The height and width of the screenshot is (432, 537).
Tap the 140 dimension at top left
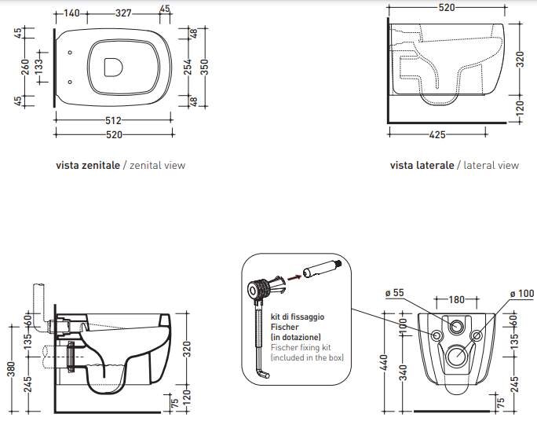(x=73, y=13)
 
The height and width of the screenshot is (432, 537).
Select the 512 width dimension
(x=113, y=120)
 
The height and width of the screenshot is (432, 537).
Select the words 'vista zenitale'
(x=88, y=166)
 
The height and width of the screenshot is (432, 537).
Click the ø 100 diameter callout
(x=521, y=294)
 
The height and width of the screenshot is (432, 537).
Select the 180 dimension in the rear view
(x=457, y=300)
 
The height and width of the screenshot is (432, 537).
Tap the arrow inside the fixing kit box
(x=292, y=275)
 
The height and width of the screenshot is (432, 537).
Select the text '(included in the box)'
(x=307, y=357)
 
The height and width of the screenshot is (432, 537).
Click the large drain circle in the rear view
(x=456, y=358)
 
